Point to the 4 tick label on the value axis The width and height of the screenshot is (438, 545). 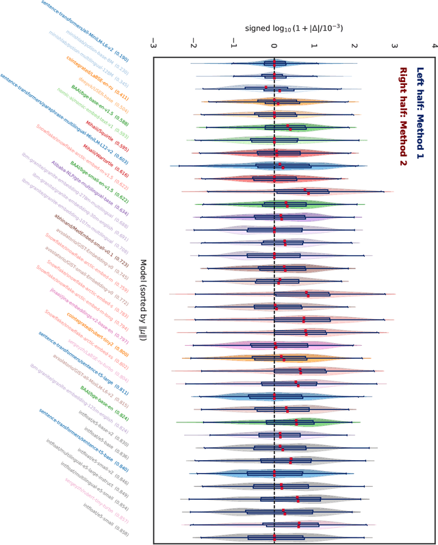[x=435, y=42]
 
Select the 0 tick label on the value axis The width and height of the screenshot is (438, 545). [x=274, y=42]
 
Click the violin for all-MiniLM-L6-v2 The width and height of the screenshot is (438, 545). [x=274, y=64]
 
